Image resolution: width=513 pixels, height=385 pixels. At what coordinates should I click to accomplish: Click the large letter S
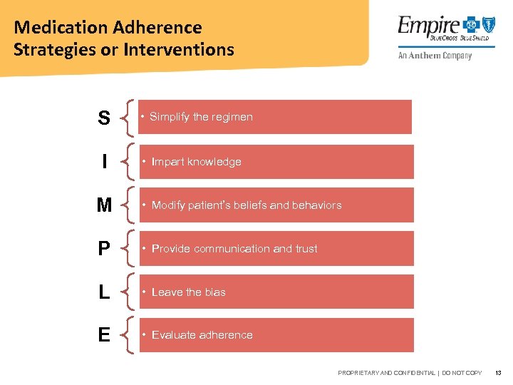(x=104, y=118)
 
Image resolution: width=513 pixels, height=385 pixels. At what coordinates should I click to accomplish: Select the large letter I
(x=105, y=162)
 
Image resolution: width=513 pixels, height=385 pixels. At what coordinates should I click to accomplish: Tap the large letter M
(x=104, y=205)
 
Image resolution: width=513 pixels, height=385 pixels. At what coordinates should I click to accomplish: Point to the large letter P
(x=104, y=249)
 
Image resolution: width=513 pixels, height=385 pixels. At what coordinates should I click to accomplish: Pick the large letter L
(x=104, y=292)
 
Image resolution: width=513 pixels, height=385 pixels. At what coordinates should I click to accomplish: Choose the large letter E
(x=104, y=335)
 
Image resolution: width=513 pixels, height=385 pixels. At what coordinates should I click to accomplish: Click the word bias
(x=215, y=292)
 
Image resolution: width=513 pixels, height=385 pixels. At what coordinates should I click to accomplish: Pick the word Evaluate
(x=175, y=335)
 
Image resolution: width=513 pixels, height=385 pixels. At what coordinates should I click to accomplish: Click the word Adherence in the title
(x=157, y=28)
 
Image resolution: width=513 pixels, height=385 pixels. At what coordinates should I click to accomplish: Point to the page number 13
(x=499, y=373)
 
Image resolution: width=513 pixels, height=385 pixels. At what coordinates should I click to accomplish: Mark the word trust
(x=306, y=249)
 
